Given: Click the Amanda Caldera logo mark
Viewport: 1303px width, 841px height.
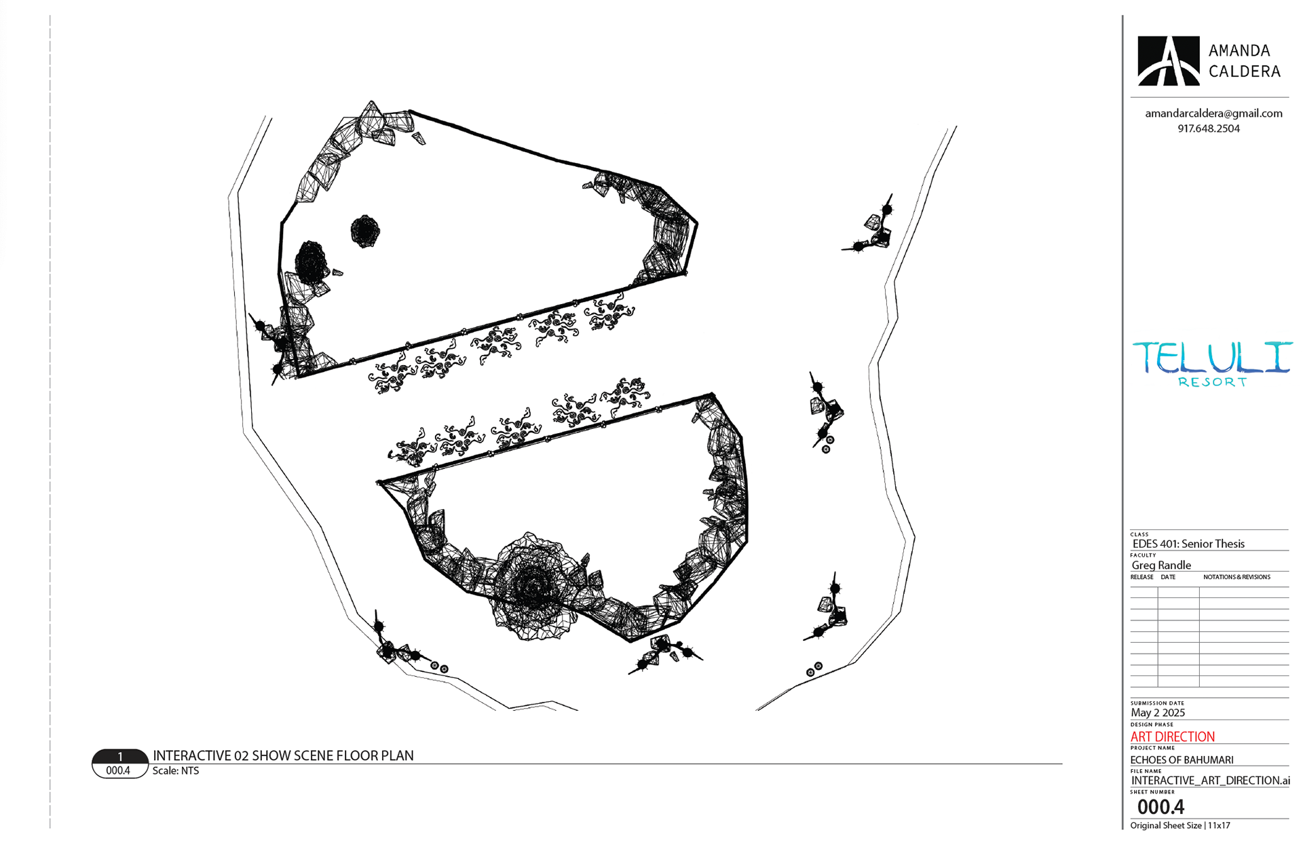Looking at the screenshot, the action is [x=1168, y=61].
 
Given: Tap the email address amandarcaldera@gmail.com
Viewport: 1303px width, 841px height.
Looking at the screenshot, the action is [x=1213, y=113].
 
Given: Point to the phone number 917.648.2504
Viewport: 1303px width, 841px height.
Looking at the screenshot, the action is [x=1209, y=128].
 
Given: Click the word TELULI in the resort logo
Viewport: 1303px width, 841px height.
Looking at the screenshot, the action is [x=1212, y=358].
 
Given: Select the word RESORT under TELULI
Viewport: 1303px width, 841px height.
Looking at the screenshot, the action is [x=1212, y=382].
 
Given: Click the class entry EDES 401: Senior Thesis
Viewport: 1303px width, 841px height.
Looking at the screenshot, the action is [x=1188, y=544].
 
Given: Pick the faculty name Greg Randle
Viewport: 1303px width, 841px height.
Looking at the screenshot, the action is [x=1161, y=565].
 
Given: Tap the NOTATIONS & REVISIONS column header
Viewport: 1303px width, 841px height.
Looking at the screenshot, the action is [x=1236, y=577].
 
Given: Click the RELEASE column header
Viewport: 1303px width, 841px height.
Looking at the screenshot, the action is [x=1141, y=577].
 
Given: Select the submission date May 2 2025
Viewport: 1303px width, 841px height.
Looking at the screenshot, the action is [x=1158, y=713].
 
